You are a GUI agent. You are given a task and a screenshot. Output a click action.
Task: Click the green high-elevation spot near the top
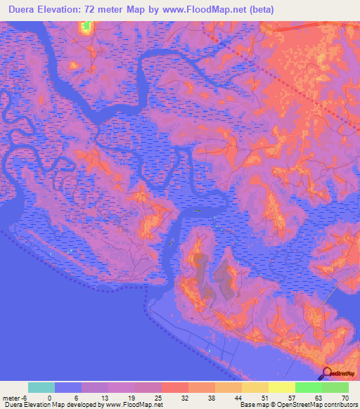point(86,27)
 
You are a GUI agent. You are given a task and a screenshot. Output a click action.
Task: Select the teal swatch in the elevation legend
point(41,387)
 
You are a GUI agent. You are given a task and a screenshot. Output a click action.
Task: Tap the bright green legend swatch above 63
point(308,387)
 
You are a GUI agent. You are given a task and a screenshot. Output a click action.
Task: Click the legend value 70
point(345,397)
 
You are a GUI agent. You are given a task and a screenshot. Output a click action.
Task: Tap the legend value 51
point(264,397)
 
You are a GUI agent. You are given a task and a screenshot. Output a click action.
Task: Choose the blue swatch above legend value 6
point(68,387)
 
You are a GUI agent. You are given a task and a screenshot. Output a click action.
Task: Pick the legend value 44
point(238,397)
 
